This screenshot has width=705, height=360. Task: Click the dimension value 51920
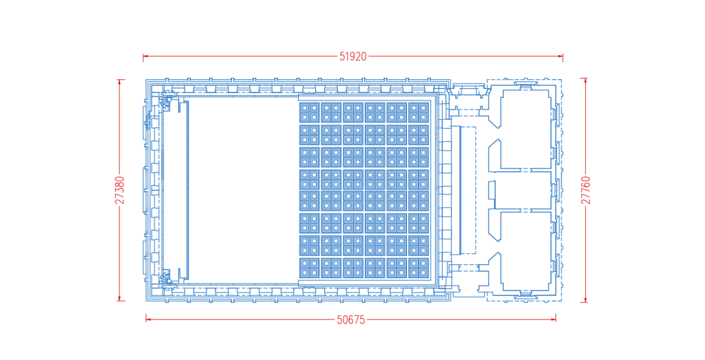point(352,56)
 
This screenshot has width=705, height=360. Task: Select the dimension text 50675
point(350,319)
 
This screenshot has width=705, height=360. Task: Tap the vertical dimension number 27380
point(120,190)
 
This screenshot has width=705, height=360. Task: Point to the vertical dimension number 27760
point(586,190)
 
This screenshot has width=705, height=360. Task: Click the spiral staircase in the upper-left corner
point(166,100)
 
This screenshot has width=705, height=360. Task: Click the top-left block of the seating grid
point(309,112)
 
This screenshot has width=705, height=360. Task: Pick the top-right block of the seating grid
point(418,112)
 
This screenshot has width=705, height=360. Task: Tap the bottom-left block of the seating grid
point(309,267)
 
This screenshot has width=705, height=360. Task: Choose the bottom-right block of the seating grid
point(418,267)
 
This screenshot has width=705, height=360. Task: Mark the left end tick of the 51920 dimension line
point(143,56)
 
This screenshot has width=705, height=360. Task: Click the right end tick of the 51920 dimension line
point(562,56)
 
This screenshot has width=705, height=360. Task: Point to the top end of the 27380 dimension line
point(120,80)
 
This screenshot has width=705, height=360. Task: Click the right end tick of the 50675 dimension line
point(556,317)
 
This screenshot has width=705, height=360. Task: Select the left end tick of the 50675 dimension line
point(146,317)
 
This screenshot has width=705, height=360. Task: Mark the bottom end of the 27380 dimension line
point(120,300)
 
